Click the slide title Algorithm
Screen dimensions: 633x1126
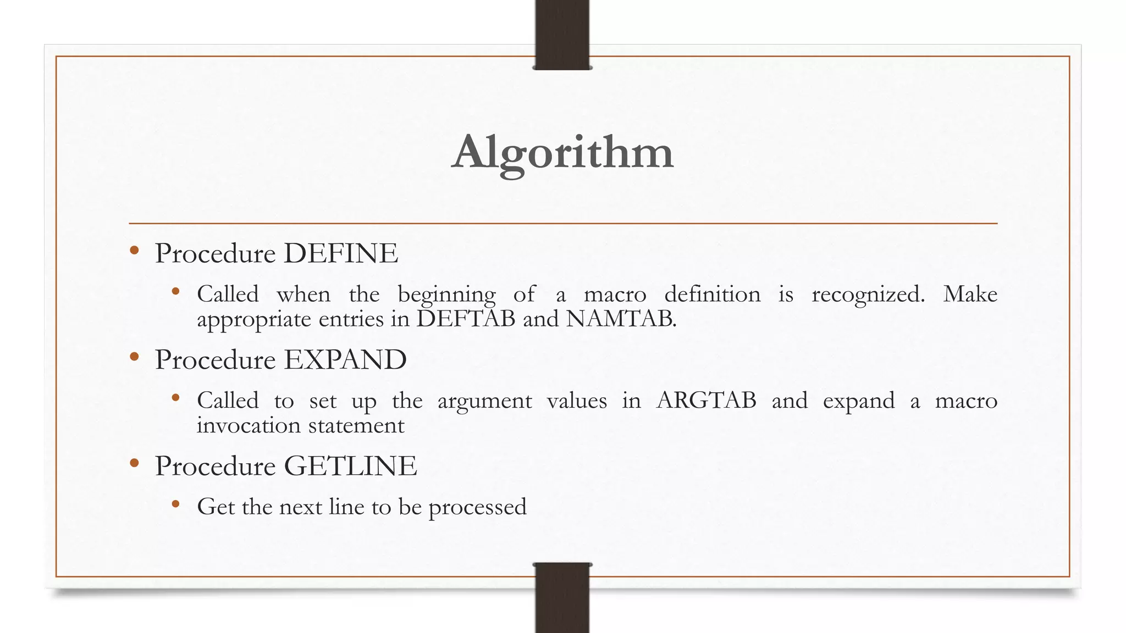tap(562, 152)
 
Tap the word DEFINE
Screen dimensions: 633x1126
tap(341, 253)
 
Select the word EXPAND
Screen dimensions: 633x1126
tap(345, 360)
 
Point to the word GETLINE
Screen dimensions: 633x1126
tap(350, 466)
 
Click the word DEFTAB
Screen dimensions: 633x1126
tap(466, 319)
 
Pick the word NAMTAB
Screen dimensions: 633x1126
tap(620, 319)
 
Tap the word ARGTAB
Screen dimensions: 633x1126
tap(706, 401)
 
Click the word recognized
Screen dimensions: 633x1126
tap(868, 295)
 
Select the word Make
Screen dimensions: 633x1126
tap(970, 295)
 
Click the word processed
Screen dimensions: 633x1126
tap(477, 507)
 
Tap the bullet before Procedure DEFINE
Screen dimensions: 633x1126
tap(134, 251)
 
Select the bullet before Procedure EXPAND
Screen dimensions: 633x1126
tap(134, 358)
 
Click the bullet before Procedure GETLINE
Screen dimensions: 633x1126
tap(134, 464)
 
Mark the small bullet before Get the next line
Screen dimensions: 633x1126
tap(175, 504)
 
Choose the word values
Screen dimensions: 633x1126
tap(577, 401)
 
